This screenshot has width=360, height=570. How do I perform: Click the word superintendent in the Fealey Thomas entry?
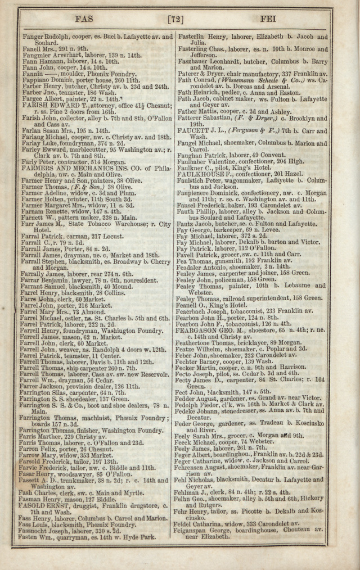pos(268,298)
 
